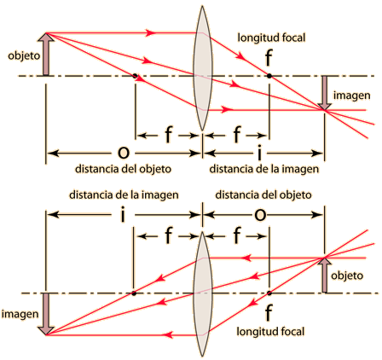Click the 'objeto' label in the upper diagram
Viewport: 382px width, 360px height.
point(24,56)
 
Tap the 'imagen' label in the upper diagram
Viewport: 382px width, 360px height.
point(351,96)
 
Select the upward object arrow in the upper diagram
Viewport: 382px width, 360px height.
point(46,55)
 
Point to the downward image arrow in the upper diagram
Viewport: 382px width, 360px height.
point(324,93)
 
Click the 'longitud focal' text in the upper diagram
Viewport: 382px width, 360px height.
point(271,38)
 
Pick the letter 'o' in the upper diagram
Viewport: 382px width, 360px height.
point(124,153)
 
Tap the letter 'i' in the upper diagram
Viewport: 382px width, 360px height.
point(259,153)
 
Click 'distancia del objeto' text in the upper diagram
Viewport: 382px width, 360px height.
point(123,169)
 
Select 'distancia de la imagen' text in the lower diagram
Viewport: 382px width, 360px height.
point(124,195)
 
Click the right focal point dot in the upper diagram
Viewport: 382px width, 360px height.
point(269,76)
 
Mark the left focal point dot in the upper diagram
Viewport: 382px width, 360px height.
point(135,76)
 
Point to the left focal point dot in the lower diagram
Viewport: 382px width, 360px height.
point(134,293)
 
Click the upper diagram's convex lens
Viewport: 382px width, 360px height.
point(202,68)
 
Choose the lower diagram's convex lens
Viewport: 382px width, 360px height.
point(202,294)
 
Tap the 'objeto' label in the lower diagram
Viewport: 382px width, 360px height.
point(347,276)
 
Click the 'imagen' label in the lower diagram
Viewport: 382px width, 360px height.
point(20,315)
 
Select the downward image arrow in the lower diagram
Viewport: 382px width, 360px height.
point(46,314)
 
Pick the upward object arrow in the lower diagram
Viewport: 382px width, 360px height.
point(324,275)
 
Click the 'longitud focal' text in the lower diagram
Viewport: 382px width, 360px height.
point(270,332)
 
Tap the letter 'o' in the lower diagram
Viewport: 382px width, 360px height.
point(260,215)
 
